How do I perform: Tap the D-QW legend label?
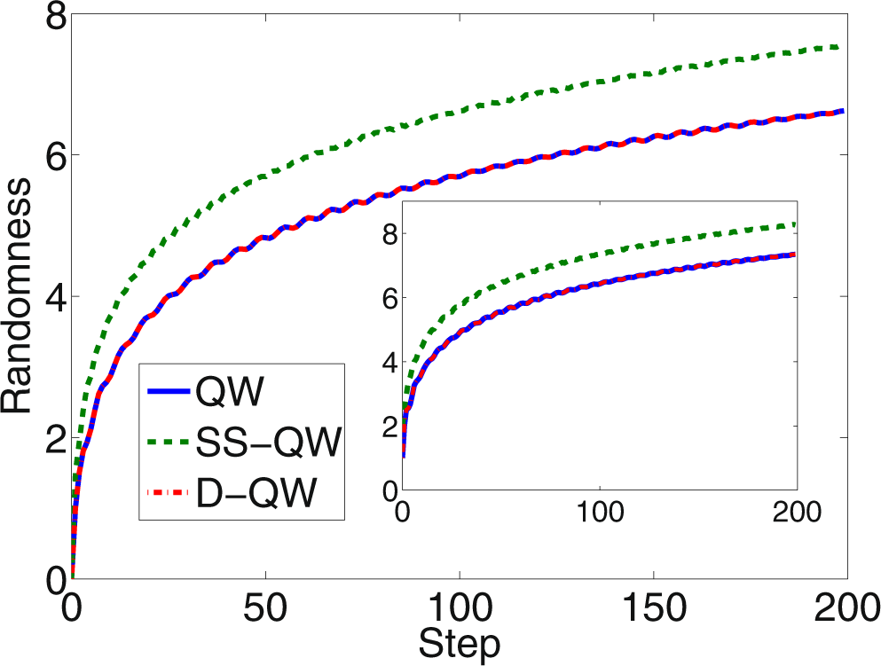pyautogui.click(x=255, y=492)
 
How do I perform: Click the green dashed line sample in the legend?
pyautogui.click(x=169, y=443)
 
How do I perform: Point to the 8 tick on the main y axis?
pyautogui.click(x=49, y=15)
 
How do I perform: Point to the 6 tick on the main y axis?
pyautogui.click(x=49, y=155)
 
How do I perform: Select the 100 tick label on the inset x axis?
pyautogui.click(x=600, y=513)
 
